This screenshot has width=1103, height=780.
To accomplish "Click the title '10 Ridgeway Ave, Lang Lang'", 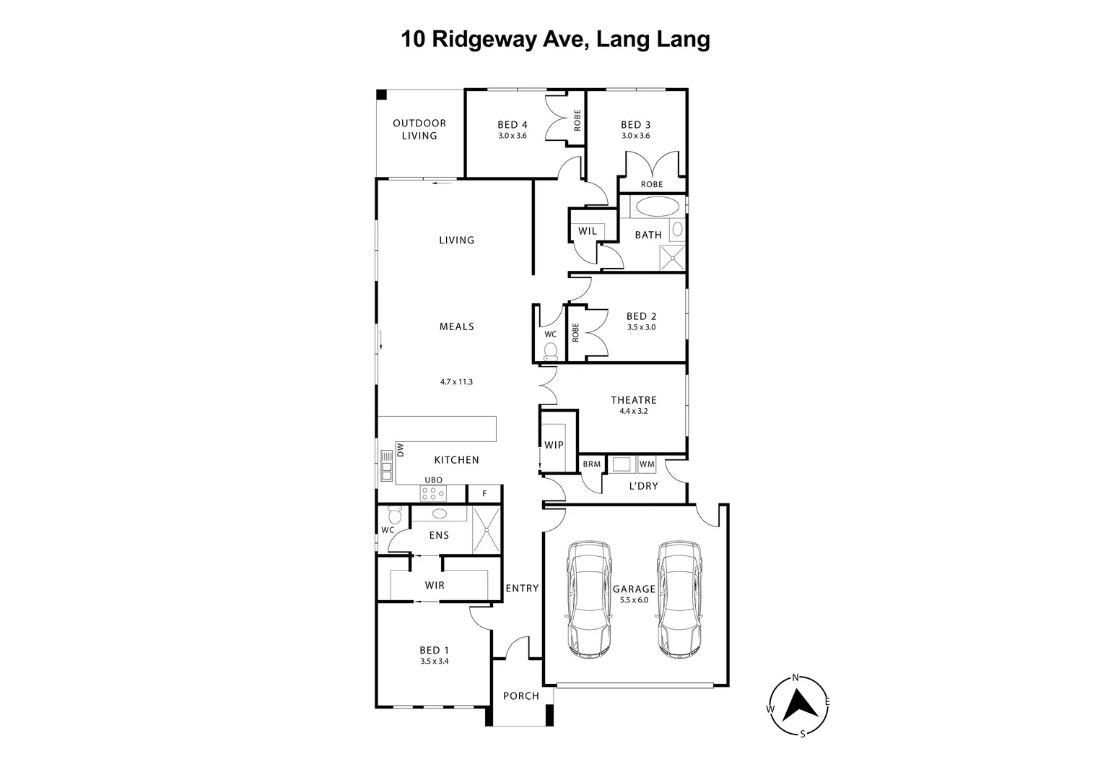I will click(x=555, y=39).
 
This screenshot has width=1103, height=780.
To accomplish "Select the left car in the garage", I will click(x=590, y=599).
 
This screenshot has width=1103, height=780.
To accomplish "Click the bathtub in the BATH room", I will click(x=657, y=206).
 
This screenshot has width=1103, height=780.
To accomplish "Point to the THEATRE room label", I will click(x=633, y=400).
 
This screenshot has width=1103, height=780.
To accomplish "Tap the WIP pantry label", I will click(x=554, y=445).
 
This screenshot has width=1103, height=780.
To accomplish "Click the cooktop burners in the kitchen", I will click(x=432, y=493).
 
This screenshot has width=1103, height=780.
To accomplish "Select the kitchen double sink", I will click(x=386, y=466).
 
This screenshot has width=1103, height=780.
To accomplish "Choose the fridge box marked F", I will click(x=484, y=494).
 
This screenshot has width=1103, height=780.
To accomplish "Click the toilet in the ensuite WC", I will click(x=394, y=516).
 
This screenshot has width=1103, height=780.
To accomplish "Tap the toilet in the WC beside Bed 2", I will click(x=551, y=352).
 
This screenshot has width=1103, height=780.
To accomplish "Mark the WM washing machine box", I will click(x=647, y=464).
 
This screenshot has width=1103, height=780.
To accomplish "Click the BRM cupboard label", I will click(x=591, y=464).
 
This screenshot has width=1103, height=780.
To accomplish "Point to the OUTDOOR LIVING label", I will click(x=419, y=129).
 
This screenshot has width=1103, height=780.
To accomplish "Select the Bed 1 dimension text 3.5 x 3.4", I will click(x=435, y=661).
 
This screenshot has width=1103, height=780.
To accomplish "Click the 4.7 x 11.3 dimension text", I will click(x=456, y=382).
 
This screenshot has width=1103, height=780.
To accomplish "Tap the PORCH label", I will click(x=520, y=696).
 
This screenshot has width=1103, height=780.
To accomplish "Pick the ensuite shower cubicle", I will click(x=485, y=529).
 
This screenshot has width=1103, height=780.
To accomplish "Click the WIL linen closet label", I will click(x=588, y=231).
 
